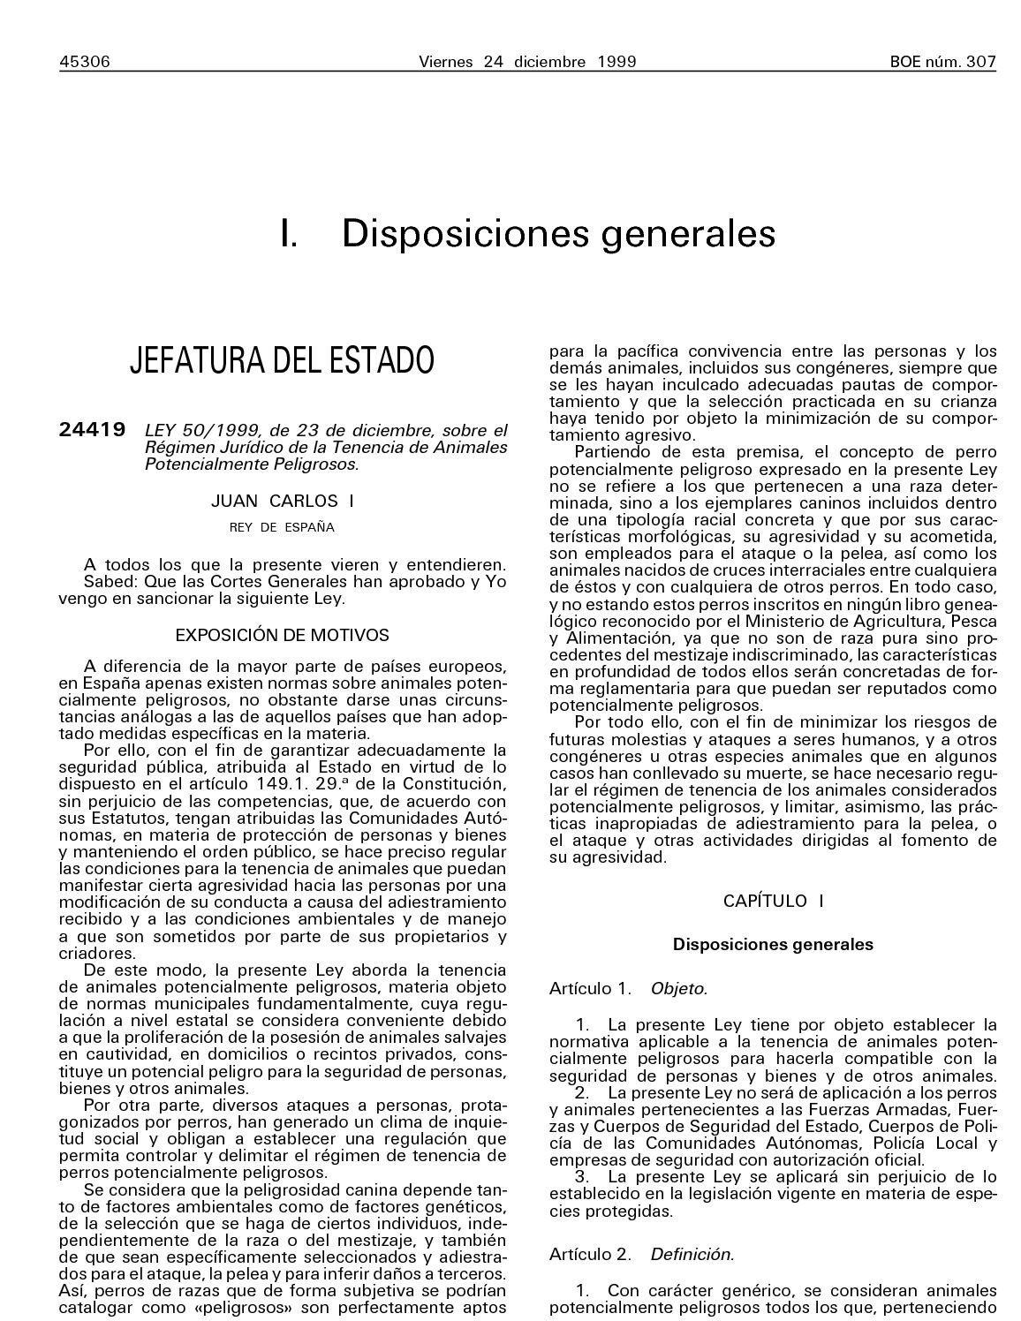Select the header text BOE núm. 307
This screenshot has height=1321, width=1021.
[x=942, y=62]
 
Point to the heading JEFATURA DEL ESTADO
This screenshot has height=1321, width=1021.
[x=283, y=360]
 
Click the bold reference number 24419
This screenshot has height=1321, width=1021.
[x=92, y=430]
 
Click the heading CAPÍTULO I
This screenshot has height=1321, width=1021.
[x=773, y=901]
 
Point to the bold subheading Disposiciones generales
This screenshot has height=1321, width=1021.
[x=773, y=944]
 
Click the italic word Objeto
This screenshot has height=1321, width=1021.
[x=679, y=988]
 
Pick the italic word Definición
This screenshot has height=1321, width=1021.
[x=692, y=1253]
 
